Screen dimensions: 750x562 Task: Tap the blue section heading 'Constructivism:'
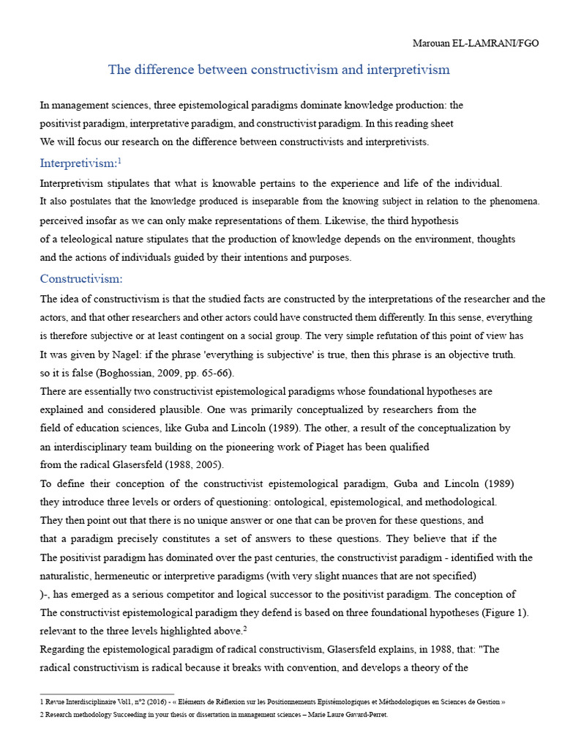[x=81, y=278]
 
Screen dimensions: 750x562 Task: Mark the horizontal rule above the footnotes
[x=107, y=693]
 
